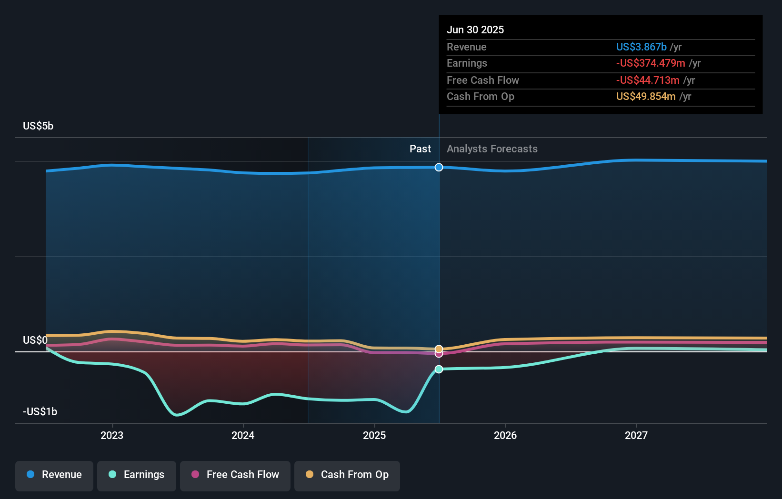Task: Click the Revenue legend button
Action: [54, 475]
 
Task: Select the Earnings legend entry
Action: [137, 475]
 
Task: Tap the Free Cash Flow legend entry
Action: [235, 475]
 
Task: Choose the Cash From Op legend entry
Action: [347, 475]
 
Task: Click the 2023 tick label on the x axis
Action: [112, 436]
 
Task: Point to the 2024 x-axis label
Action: [243, 436]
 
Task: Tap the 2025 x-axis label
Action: [374, 436]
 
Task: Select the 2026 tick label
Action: [505, 436]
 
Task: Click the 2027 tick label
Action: [636, 436]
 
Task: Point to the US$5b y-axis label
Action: [38, 126]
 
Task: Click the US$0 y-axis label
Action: [35, 340]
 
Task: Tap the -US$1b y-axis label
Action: [40, 412]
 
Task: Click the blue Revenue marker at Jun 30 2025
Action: [439, 167]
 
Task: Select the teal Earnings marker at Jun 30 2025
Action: [439, 369]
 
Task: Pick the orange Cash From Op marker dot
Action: [439, 349]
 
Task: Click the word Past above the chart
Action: [420, 149]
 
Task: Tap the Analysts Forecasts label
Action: [492, 149]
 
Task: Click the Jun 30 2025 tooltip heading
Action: [475, 30]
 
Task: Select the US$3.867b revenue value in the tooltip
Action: [641, 47]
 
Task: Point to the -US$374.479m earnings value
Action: [651, 63]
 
